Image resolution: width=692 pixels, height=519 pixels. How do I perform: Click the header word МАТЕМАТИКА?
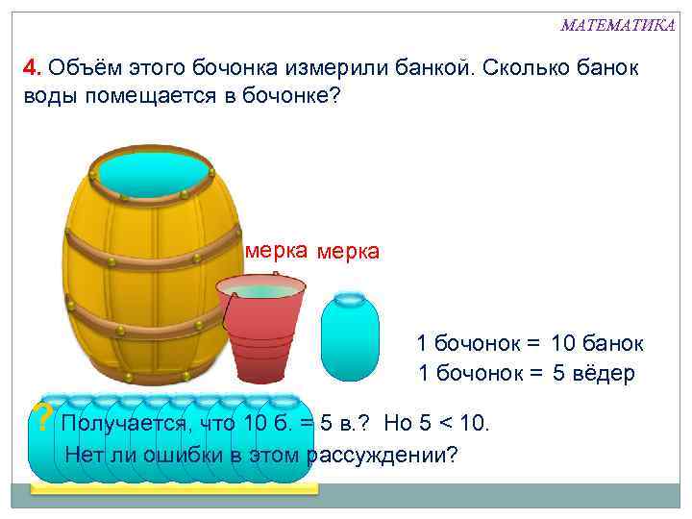(x=618, y=25)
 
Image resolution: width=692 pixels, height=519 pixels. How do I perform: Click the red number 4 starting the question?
(x=31, y=69)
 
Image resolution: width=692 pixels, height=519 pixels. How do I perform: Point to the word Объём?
(x=80, y=69)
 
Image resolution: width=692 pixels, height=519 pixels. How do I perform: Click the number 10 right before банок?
(x=565, y=343)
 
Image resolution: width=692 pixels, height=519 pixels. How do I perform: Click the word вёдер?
(x=605, y=374)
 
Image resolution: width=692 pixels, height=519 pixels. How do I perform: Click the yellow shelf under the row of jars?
(x=173, y=488)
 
